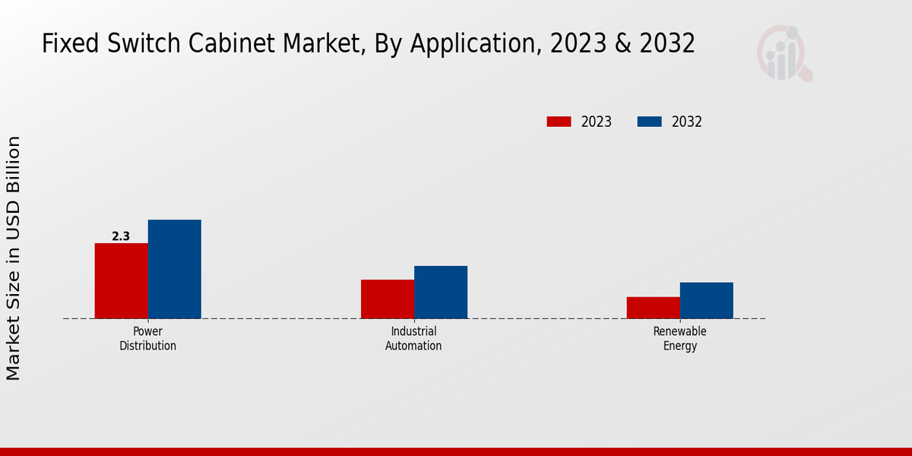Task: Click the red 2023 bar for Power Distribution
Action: click(x=121, y=280)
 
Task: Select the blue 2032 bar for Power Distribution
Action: click(x=174, y=269)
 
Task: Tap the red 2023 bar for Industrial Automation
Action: click(x=388, y=299)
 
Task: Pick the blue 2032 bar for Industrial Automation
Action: click(x=441, y=292)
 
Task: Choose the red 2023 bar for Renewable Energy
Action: click(x=653, y=308)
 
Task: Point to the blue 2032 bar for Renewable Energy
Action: click(x=706, y=300)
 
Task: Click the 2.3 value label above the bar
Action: click(x=121, y=236)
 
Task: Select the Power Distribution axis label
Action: click(x=147, y=339)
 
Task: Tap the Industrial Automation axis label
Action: click(x=413, y=339)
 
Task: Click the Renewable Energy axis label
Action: click(x=679, y=339)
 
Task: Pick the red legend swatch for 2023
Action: click(x=559, y=122)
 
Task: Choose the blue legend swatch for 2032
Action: click(x=649, y=122)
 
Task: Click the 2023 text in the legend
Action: click(x=597, y=122)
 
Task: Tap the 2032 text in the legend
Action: click(x=687, y=122)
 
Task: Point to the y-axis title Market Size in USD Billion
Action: click(x=14, y=258)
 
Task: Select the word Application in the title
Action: click(x=465, y=44)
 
